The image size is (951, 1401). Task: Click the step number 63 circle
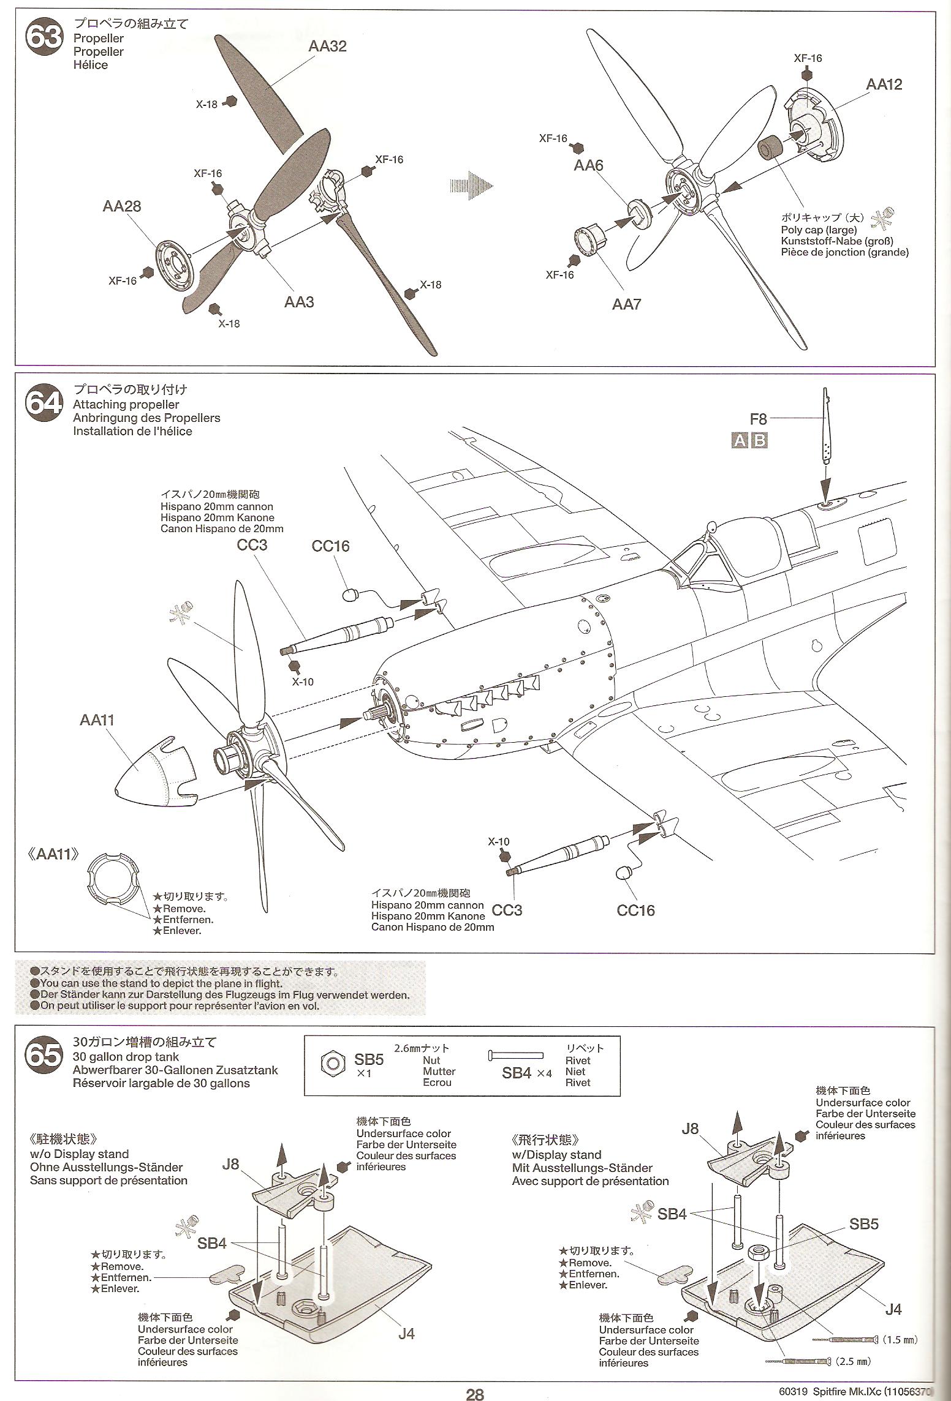(44, 38)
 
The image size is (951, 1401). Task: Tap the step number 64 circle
(44, 405)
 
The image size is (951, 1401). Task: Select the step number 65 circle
(44, 1055)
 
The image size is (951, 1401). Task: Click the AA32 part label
(327, 47)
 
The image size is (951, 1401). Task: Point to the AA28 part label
(121, 206)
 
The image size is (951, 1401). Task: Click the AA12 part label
(884, 85)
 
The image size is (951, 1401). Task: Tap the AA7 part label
(626, 304)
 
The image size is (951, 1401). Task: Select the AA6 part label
(588, 165)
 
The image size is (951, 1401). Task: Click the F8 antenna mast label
(758, 419)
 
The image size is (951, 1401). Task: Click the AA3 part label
(299, 302)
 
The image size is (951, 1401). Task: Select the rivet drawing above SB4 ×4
(515, 1055)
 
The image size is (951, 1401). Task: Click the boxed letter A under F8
(740, 441)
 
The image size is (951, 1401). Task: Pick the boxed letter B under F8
(759, 441)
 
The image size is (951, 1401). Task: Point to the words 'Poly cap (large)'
(819, 230)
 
